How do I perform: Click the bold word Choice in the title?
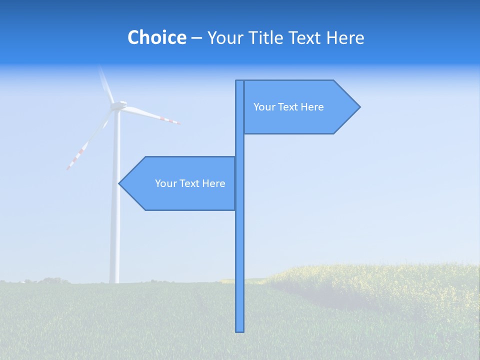[x=156, y=37]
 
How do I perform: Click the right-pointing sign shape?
[x=300, y=107]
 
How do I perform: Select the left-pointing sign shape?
[x=180, y=183]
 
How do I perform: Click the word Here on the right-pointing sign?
[x=312, y=107]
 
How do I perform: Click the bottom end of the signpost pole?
[x=240, y=329]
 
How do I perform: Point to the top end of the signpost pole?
[x=240, y=82]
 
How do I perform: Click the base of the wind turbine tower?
[x=114, y=281]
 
